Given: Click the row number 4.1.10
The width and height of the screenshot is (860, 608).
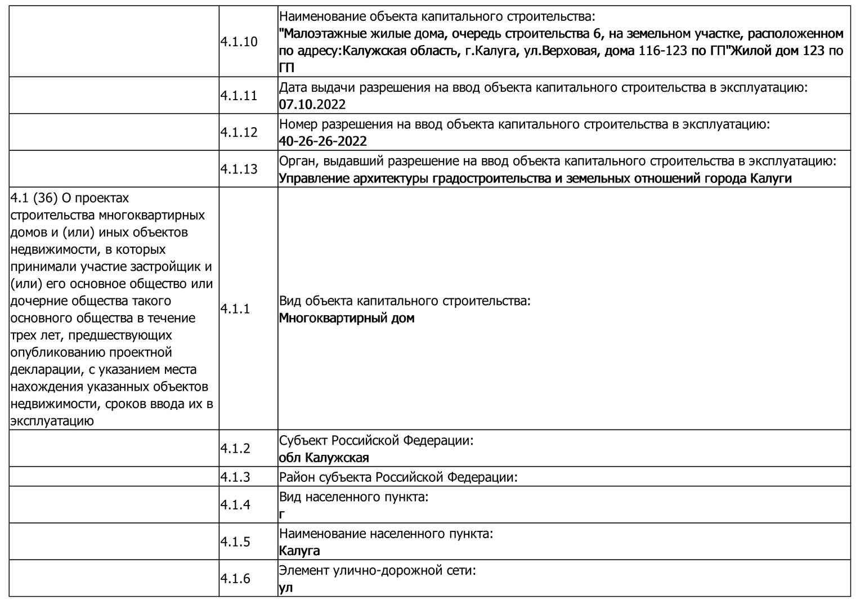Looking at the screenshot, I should pos(239,42).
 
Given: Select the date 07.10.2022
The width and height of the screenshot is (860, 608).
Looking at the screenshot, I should pos(312,105).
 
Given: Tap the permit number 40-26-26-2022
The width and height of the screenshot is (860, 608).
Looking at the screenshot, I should pos(322,141).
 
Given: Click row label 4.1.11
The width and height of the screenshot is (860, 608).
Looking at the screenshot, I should pos(239,96).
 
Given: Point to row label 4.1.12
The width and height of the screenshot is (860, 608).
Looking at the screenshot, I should pos(239,132).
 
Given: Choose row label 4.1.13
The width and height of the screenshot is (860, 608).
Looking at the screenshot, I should pos(239,169).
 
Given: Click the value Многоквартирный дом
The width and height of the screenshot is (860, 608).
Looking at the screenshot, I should pos(347,318).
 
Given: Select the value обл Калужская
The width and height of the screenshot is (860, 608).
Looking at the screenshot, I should pos(324,458).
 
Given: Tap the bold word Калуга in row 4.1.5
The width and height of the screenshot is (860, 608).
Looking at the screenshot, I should pos(299,551).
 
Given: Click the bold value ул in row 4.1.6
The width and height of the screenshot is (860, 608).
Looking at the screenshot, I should pos(285,588).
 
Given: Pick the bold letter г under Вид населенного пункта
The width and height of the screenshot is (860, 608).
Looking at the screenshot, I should pos(282,514).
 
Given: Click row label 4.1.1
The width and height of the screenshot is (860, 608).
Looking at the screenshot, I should pos(235,309).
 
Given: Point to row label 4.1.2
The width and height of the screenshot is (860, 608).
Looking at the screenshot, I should pos(235,448).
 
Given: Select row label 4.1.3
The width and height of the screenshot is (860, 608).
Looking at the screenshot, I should pos(235,477).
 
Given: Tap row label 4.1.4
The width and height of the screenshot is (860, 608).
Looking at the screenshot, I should pos(235,504).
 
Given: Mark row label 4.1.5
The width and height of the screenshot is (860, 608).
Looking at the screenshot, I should pos(235,542).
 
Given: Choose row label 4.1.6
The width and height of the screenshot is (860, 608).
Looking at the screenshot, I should pos(235,578).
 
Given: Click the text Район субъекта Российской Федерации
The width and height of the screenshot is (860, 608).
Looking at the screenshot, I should pos(398,477).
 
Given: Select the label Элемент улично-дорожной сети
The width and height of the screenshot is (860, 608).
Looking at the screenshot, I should pos(378,570).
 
